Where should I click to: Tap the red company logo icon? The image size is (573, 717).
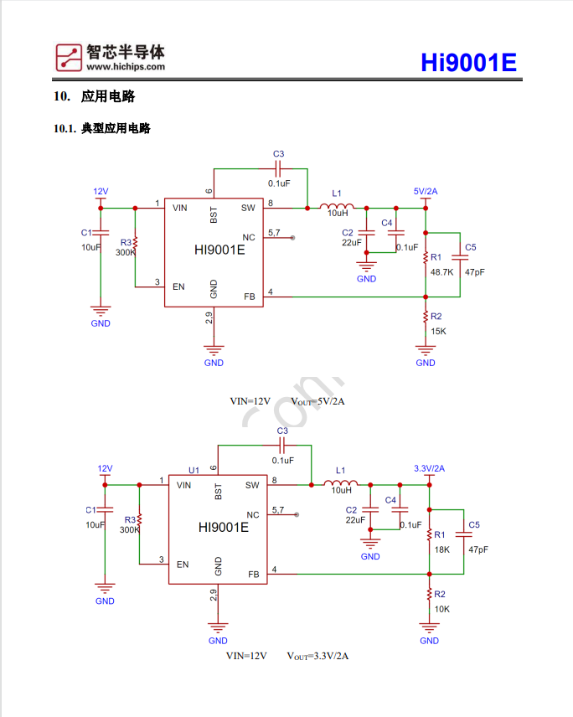[x=69, y=56]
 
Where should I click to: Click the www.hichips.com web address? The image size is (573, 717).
[x=125, y=67]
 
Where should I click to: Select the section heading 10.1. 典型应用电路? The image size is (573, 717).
[x=101, y=129]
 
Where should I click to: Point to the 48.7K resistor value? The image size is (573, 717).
[x=441, y=272]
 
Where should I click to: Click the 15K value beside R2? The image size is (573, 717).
[x=438, y=331]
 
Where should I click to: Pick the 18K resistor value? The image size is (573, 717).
[x=441, y=549]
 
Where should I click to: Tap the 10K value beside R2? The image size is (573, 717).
[x=441, y=609]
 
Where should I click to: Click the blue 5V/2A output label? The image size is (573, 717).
[x=426, y=191]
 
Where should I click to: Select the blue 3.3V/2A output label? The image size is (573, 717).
[x=429, y=468]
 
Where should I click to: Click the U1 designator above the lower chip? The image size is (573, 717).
[x=194, y=470]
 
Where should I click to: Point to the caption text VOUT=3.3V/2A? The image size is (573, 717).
[x=317, y=656]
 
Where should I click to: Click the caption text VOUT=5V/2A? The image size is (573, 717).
[x=318, y=401]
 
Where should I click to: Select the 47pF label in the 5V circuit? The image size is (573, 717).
[x=474, y=272]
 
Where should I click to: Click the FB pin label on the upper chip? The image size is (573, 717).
[x=249, y=296]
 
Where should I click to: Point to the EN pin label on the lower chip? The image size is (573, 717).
[x=183, y=564]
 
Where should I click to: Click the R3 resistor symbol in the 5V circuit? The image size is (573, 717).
[x=135, y=244]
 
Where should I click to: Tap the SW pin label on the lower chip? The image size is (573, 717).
[x=252, y=485]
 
